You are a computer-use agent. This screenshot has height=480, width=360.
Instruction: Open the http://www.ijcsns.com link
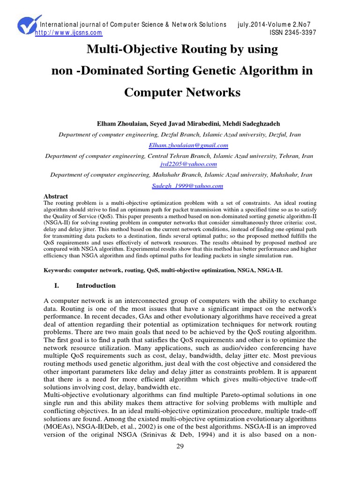[69, 33]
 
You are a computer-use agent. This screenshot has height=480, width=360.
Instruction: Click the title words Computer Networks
[182, 92]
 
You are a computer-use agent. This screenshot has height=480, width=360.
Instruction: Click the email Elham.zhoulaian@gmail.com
[181, 146]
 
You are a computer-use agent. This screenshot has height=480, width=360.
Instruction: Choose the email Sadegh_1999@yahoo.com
[181, 186]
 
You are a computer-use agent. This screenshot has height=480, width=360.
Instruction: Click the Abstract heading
[56, 196]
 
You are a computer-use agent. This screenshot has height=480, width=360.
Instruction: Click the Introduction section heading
[96, 285]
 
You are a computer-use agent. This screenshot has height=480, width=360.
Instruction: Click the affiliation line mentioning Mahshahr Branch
[181, 175]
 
